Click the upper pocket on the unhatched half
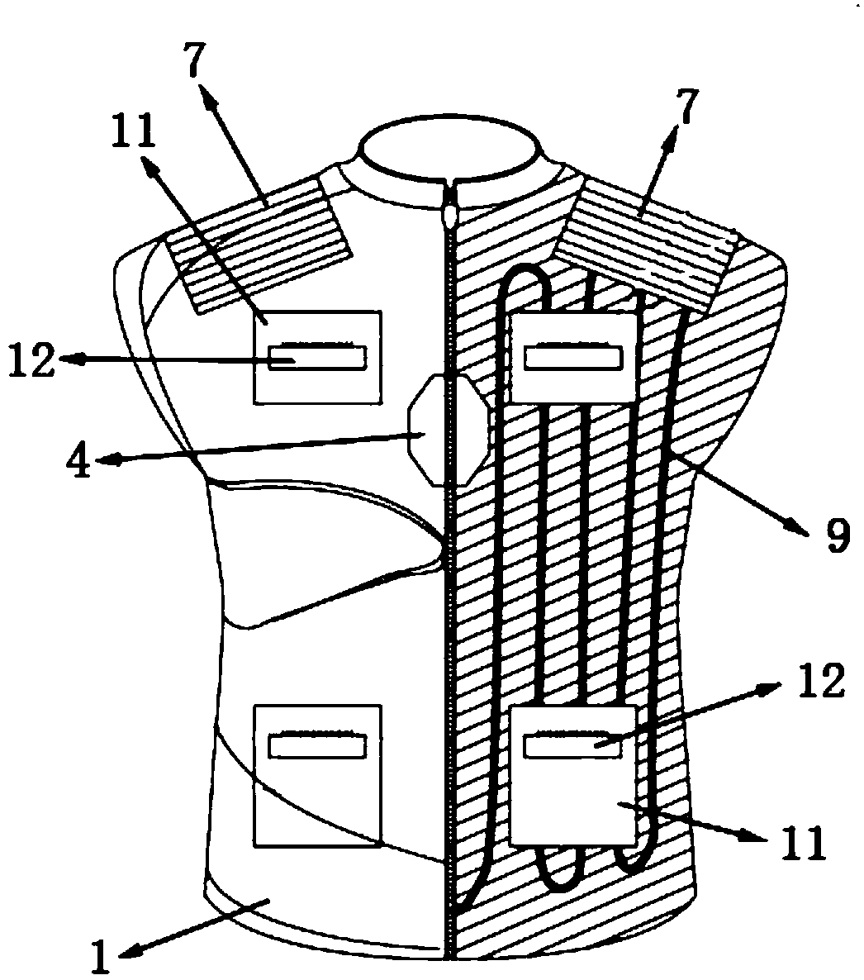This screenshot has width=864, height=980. (318, 357)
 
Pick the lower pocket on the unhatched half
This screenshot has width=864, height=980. (317, 775)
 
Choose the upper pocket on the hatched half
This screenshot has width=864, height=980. (574, 357)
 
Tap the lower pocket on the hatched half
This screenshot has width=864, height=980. (573, 775)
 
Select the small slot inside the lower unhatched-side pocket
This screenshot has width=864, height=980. (317, 746)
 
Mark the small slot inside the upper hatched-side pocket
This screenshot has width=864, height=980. (574, 358)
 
